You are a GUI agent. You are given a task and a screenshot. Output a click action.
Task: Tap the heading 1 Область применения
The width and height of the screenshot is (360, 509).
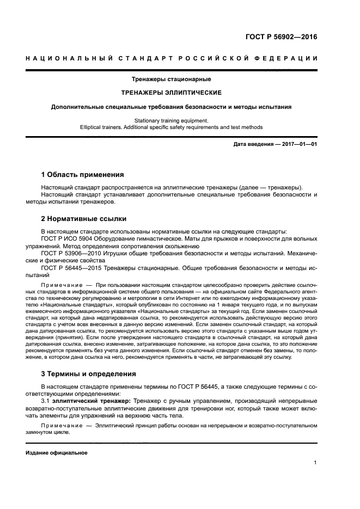click(x=82, y=175)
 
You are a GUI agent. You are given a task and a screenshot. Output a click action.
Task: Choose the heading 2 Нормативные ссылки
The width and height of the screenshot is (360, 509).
click(x=84, y=219)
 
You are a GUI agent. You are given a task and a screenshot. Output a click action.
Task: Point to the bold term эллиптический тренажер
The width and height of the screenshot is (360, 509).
click(x=94, y=401)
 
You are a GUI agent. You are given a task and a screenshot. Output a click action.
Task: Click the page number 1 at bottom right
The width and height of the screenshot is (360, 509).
click(x=315, y=463)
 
